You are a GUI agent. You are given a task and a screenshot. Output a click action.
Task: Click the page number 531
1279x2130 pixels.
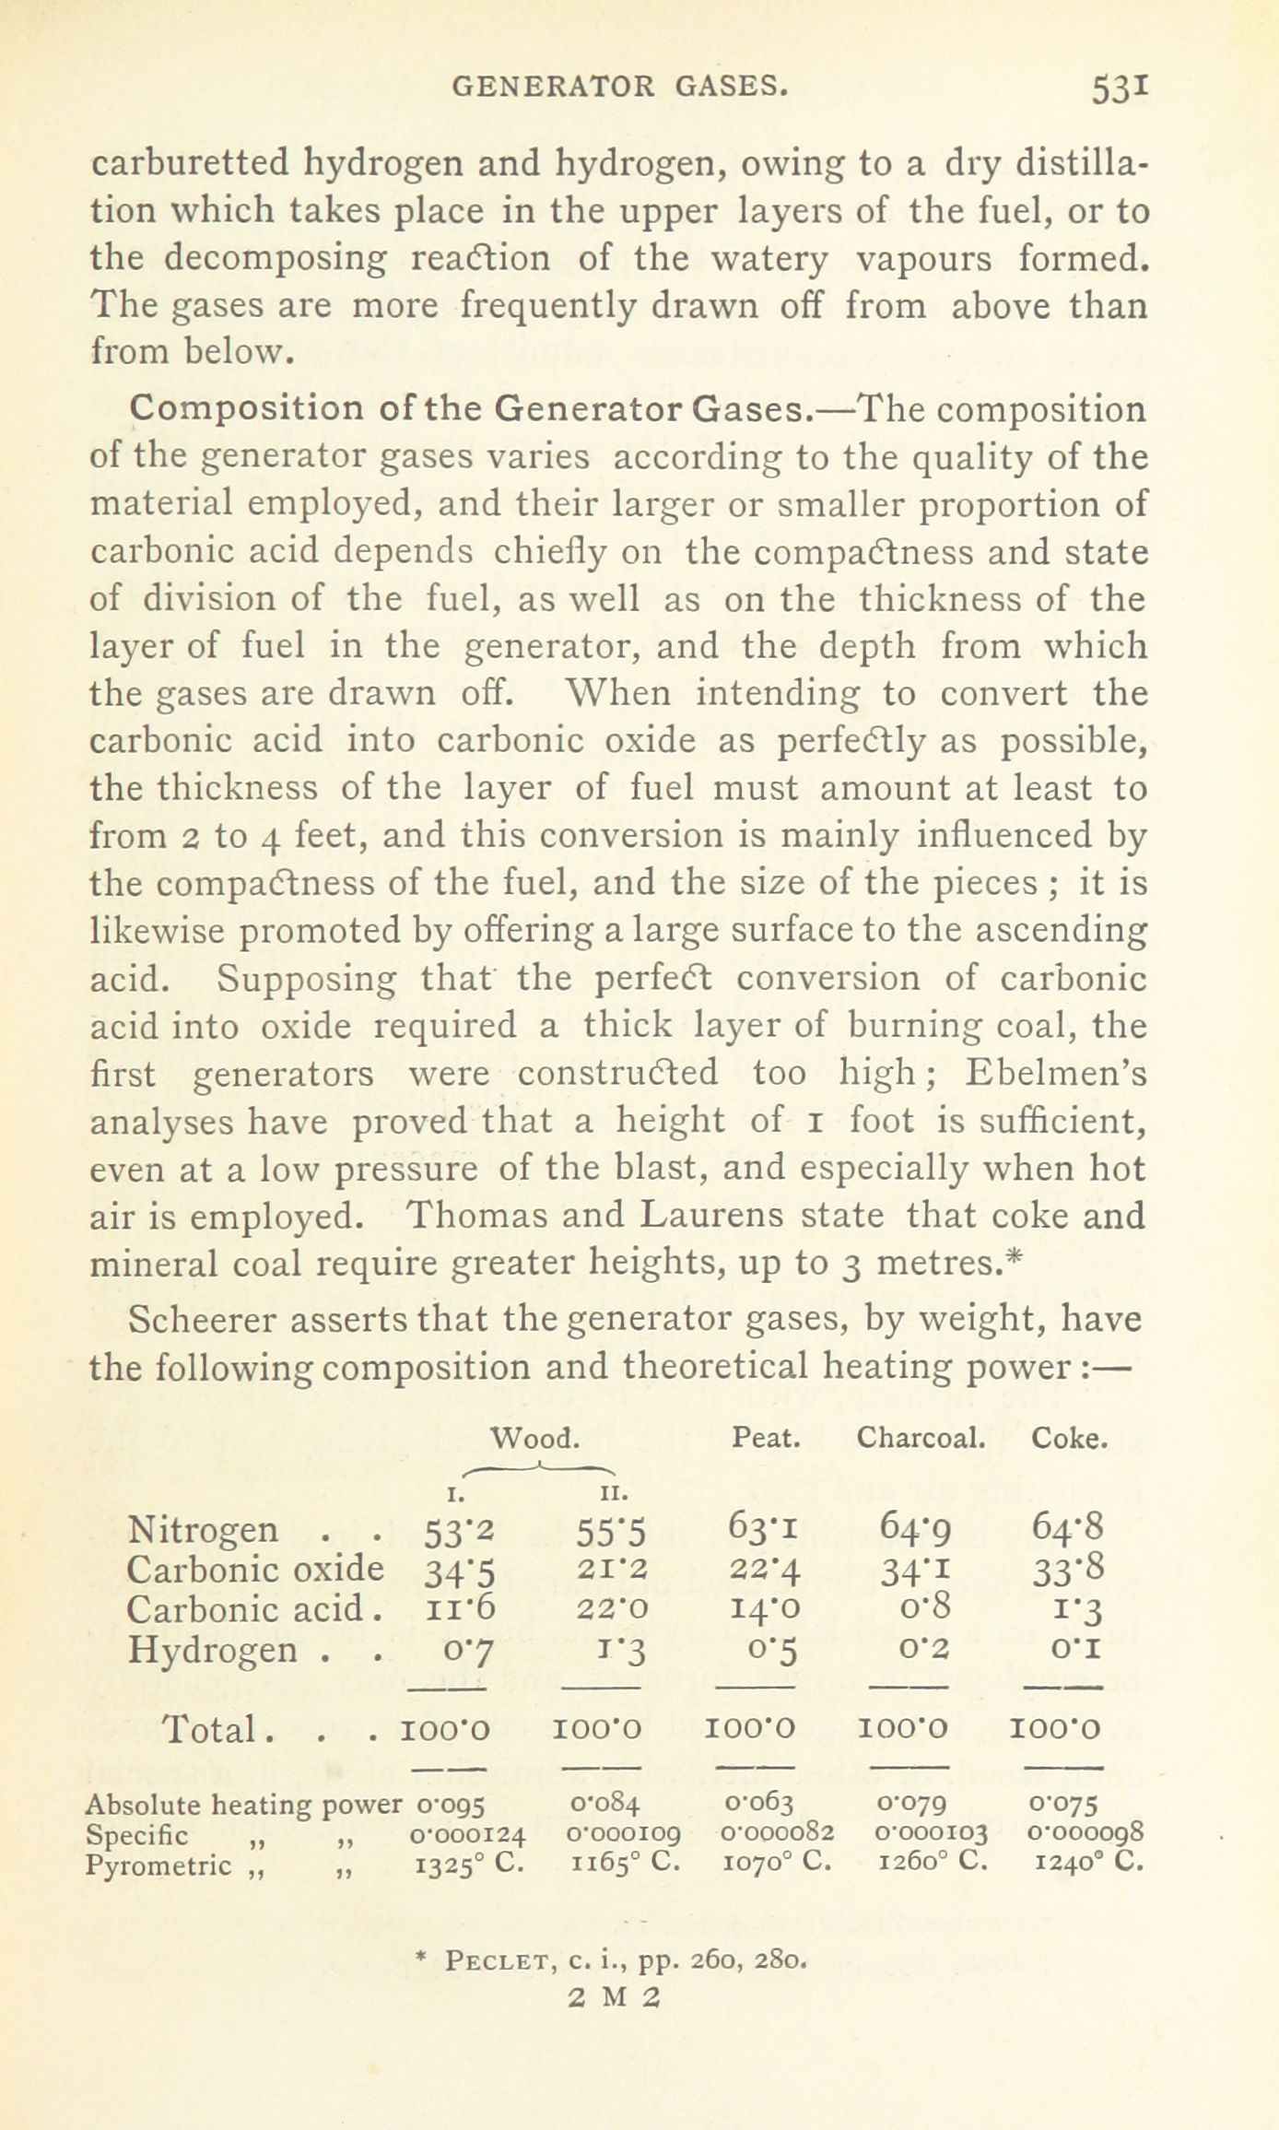1119,89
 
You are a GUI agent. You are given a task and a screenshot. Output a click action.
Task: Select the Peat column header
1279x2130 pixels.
765,1437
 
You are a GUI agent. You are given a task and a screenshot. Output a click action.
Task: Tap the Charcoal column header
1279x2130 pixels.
921,1437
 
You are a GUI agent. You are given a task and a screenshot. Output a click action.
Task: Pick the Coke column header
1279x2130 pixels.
1069,1437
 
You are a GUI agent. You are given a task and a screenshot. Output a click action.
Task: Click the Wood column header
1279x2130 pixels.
534,1437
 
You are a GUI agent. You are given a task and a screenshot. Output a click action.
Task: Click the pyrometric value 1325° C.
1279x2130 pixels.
471,1866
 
